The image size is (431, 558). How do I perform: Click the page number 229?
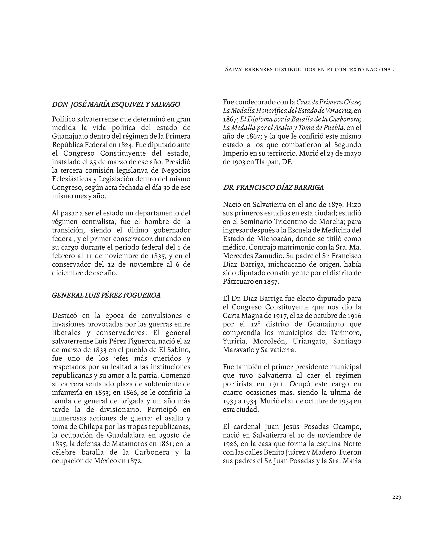click(396, 497)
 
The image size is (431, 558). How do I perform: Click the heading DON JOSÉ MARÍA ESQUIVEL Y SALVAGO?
click(116, 104)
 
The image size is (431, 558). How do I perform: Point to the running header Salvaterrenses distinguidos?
click(309, 69)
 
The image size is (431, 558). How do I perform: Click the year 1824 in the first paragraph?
click(125, 145)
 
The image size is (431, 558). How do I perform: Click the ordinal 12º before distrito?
click(254, 324)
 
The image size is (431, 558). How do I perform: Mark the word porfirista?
click(237, 384)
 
